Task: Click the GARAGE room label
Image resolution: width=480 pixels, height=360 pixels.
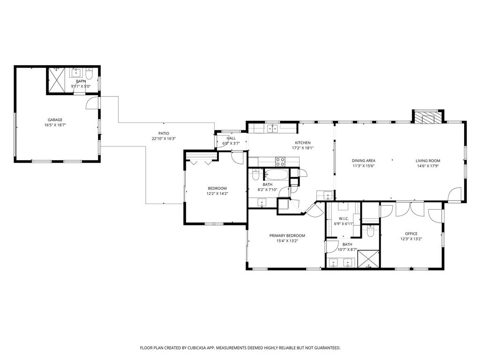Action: (x=55, y=120)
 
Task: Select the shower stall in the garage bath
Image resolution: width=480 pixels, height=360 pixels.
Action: (x=57, y=81)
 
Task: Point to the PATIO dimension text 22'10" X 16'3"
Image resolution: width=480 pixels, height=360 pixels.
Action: (x=164, y=139)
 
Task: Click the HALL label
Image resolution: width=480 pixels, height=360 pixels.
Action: (x=231, y=138)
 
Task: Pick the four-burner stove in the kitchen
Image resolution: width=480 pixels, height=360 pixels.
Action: (x=280, y=162)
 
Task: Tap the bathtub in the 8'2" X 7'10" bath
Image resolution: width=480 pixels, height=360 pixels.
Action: (x=277, y=175)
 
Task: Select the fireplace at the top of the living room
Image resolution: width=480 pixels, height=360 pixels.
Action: (x=427, y=117)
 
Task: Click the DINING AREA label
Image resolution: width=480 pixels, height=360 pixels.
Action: (x=364, y=161)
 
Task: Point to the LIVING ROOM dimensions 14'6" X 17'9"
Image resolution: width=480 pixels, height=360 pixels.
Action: (x=428, y=166)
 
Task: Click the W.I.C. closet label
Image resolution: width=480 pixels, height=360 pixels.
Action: (x=344, y=219)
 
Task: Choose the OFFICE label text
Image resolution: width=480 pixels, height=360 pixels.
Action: (x=411, y=233)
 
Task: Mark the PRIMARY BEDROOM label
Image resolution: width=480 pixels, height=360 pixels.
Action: (x=287, y=236)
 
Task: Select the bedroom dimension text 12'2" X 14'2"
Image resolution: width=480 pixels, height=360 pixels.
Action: (x=217, y=194)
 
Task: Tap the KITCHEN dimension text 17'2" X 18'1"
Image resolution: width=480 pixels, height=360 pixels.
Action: (x=302, y=148)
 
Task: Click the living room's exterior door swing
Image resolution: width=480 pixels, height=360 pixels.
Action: (x=454, y=195)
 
